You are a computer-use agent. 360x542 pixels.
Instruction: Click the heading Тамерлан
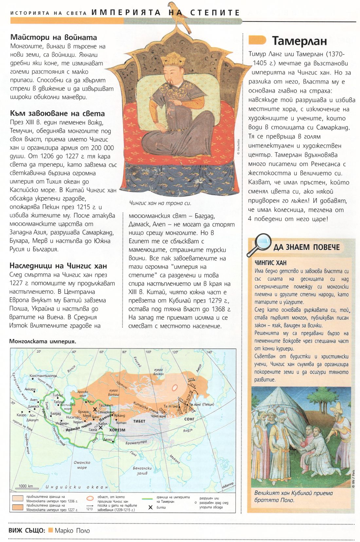[x=299, y=41]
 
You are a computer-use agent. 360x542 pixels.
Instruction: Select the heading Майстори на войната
[x=54, y=37]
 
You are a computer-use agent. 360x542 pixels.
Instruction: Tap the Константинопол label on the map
[x=44, y=376]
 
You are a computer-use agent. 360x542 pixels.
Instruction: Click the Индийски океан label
[x=77, y=487]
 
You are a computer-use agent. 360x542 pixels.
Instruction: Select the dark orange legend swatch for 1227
[x=18, y=507]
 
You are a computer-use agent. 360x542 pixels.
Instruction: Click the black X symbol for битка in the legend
[x=151, y=507]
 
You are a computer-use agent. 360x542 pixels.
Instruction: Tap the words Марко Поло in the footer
[x=72, y=531]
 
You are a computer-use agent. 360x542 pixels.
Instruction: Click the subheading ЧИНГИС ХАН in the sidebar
[x=270, y=263]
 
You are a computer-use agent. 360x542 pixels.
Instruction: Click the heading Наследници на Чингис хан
[x=58, y=266]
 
